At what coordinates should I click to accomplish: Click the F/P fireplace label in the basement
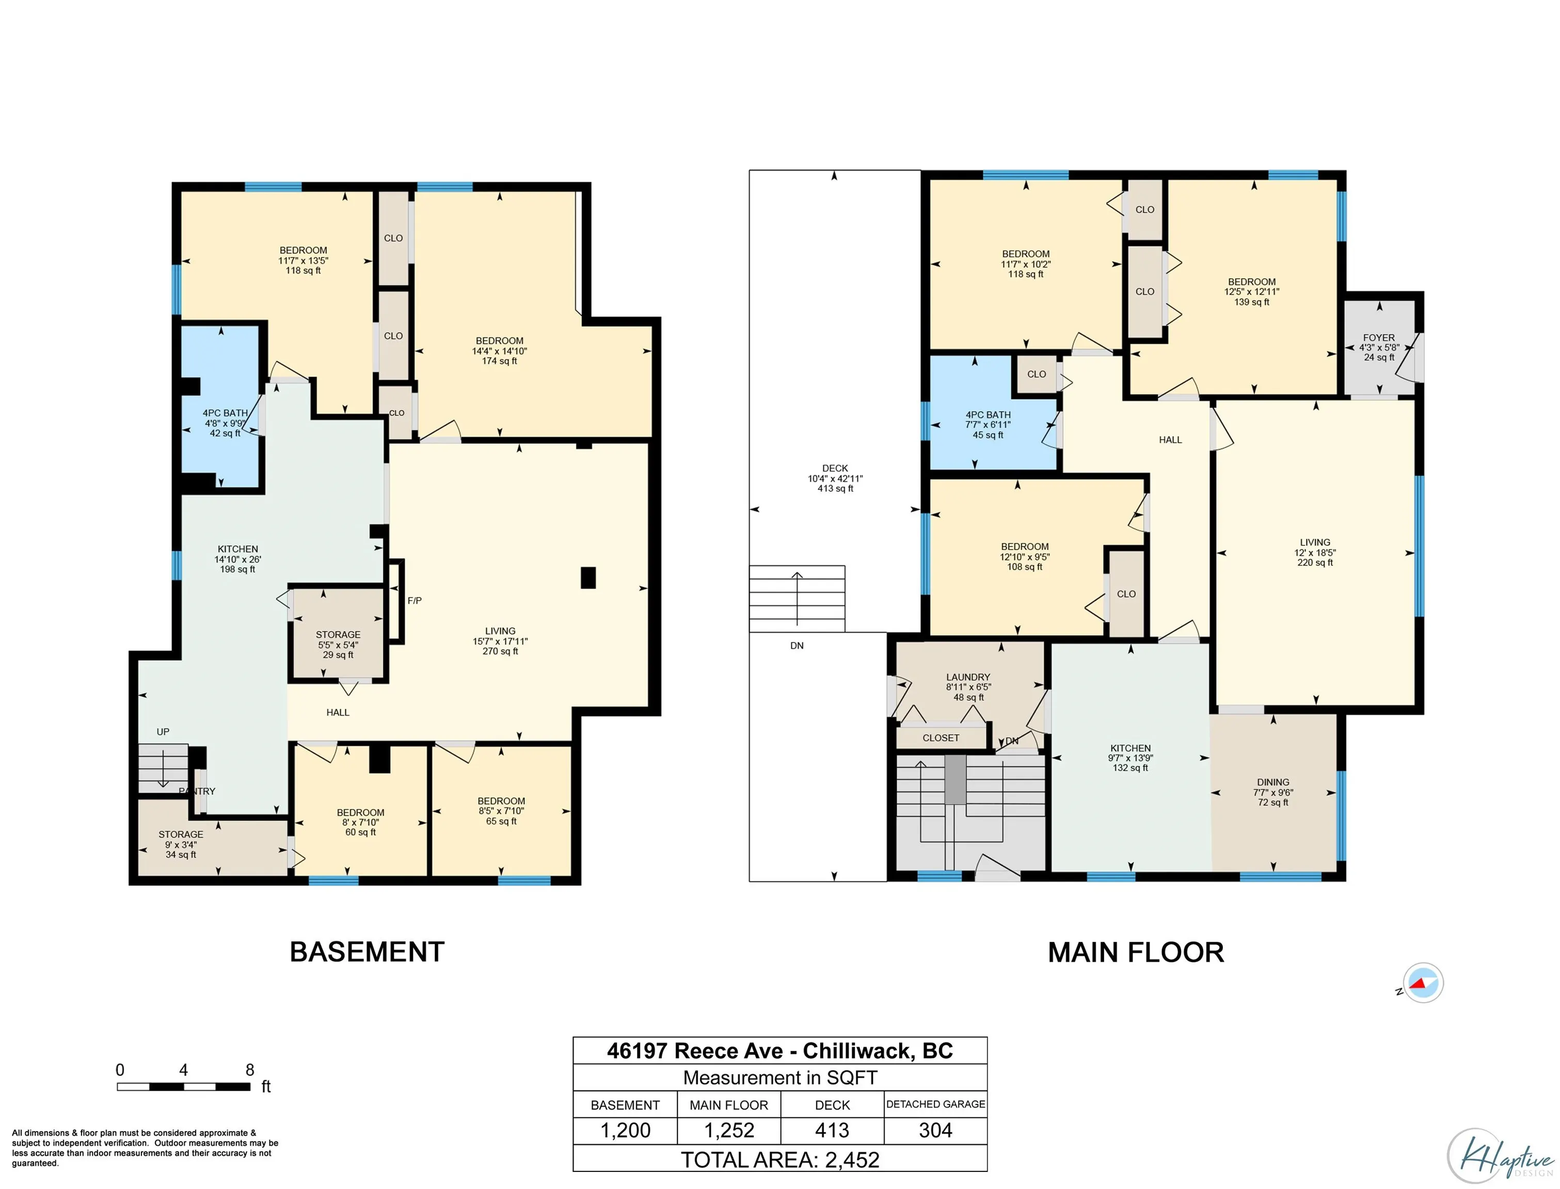point(414,601)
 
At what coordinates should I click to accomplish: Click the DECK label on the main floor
point(835,469)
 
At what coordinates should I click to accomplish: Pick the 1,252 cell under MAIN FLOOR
point(728,1130)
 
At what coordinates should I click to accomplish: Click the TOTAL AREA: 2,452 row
point(779,1159)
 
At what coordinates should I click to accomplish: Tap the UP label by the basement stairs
point(163,732)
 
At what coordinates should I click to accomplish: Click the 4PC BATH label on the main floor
point(988,415)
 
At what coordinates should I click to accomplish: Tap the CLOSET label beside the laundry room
point(941,738)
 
